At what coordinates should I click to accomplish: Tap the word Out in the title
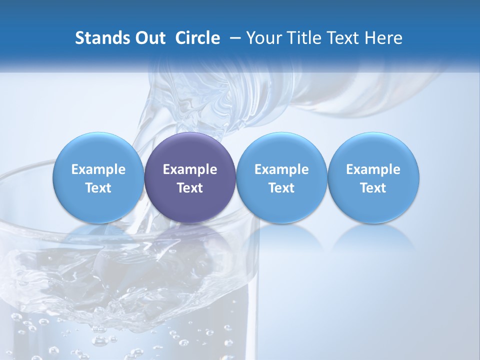[x=149, y=38]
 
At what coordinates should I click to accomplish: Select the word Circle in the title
[x=197, y=38]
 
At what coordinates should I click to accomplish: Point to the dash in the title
[x=233, y=38]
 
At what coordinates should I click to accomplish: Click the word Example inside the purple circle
[x=190, y=170]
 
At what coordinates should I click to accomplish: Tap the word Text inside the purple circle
[x=190, y=188]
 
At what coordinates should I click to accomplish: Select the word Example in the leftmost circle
[x=98, y=170]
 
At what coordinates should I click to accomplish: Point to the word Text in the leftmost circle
[x=98, y=188]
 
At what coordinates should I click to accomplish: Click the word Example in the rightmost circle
[x=373, y=170]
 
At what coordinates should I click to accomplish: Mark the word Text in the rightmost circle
[x=373, y=188]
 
